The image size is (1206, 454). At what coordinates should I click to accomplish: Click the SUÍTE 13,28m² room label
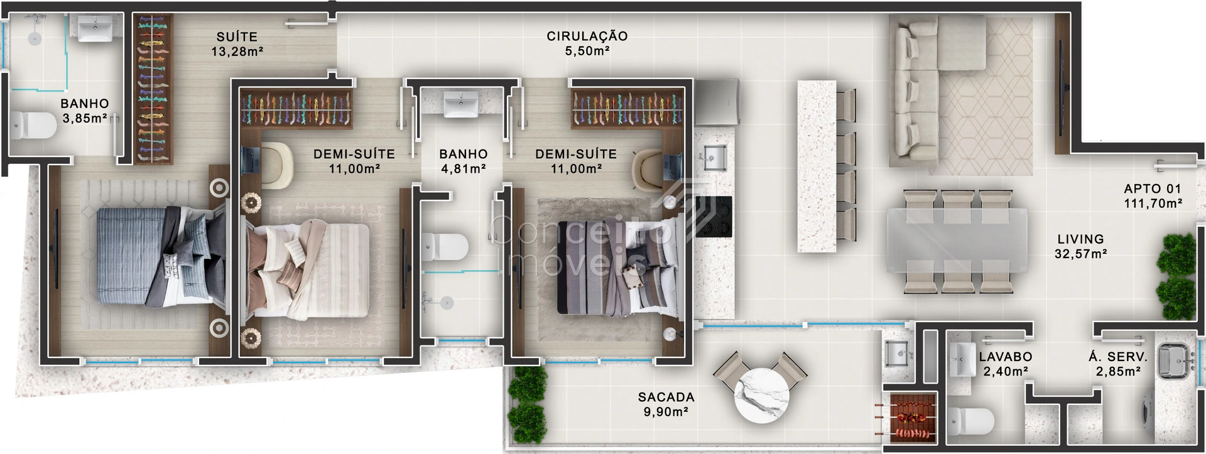point(237,44)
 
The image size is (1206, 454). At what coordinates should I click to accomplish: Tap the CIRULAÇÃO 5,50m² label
point(587,43)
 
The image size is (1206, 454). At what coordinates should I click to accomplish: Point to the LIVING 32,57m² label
point(1080,246)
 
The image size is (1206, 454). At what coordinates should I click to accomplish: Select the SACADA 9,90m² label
point(666,404)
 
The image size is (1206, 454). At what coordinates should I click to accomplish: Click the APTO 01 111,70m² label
point(1153,196)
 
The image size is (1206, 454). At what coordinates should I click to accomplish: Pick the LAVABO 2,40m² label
point(1005,364)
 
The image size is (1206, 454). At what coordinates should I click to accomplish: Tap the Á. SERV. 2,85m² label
point(1118,364)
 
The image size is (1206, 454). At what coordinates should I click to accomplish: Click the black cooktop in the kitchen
point(714,217)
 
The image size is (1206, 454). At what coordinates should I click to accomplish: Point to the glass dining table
point(957,241)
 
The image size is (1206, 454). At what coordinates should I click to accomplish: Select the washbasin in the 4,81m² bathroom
point(460,104)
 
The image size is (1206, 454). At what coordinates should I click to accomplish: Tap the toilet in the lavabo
point(971,421)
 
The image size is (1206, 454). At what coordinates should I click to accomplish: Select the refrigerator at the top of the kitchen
point(717,102)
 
